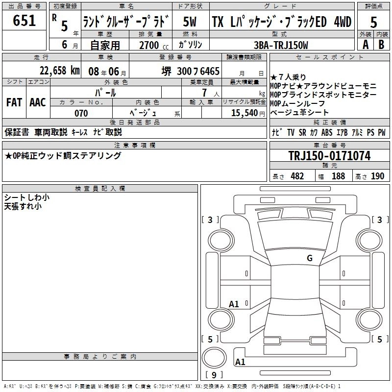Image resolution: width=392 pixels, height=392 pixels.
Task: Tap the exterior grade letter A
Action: click(x=365, y=44)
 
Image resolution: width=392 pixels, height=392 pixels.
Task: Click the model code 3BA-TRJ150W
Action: click(x=281, y=45)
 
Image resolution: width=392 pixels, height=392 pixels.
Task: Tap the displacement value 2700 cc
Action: click(x=149, y=45)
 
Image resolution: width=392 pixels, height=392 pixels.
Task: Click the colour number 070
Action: click(x=81, y=113)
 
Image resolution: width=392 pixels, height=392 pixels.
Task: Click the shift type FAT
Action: click(x=14, y=102)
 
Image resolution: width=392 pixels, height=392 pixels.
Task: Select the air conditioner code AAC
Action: click(x=38, y=102)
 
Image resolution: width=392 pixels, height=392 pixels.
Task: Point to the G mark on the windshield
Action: click(x=310, y=258)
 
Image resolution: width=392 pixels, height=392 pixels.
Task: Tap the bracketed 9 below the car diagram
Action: click(x=214, y=375)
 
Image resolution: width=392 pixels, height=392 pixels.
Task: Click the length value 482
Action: click(x=297, y=176)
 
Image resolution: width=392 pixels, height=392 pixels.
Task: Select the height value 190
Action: click(x=377, y=176)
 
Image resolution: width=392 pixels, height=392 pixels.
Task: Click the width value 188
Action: click(x=338, y=176)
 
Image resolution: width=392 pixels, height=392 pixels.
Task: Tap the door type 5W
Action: click(x=189, y=22)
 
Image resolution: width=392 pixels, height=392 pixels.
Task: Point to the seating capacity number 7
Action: click(x=202, y=93)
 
